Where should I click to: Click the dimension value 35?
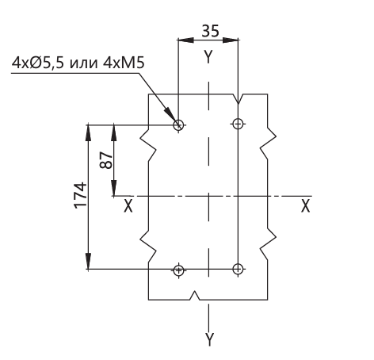click(210, 31)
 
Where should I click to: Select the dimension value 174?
click(81, 195)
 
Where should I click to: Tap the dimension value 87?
click(106, 160)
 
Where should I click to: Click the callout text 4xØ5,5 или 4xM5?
click(78, 63)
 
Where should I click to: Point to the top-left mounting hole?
click(178, 124)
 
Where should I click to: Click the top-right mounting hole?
click(238, 124)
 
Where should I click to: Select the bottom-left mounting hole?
click(178, 270)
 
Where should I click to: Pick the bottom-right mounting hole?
click(238, 269)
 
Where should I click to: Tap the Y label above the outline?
click(208, 57)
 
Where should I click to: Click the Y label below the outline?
click(209, 339)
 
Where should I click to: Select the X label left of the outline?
click(128, 206)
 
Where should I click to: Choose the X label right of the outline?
click(305, 206)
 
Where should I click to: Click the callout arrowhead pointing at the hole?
click(170, 115)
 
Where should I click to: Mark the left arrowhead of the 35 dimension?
click(185, 40)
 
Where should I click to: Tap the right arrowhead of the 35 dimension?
click(231, 40)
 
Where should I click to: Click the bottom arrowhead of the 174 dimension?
click(88, 261)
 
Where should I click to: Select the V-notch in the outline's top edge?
click(239, 98)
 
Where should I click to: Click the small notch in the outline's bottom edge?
click(195, 296)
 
